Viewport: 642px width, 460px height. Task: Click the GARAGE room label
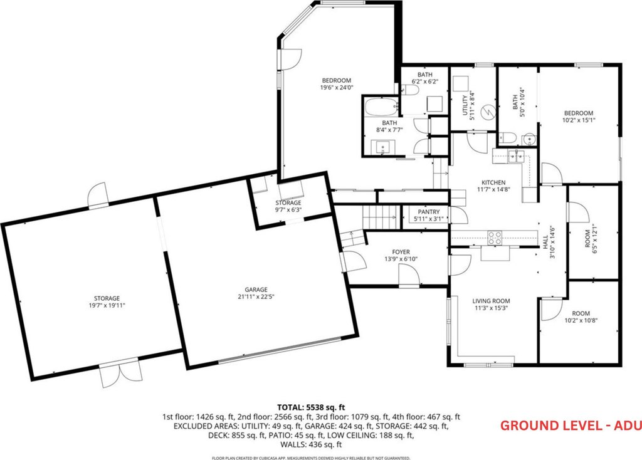[x=256, y=290]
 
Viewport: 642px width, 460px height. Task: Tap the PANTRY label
[x=429, y=212]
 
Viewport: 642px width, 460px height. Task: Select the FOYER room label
[x=401, y=252]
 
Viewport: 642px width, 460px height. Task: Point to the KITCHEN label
[x=493, y=182]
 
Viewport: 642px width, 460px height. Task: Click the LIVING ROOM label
[x=491, y=301]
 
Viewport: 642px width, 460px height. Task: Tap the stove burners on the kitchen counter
[x=495, y=238]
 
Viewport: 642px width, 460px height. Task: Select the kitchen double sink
[x=517, y=156]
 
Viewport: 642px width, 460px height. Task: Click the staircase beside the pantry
[x=381, y=217]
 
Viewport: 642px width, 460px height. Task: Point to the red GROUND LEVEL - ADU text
[x=571, y=426]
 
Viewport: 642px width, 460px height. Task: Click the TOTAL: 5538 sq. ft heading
[x=311, y=407]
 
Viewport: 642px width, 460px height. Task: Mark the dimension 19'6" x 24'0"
[x=337, y=87]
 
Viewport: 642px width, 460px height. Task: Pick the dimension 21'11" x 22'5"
[x=256, y=296]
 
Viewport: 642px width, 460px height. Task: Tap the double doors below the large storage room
[x=121, y=372]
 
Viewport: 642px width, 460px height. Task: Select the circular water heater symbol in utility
[x=488, y=112]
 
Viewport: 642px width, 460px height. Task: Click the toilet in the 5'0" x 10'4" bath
[x=508, y=138]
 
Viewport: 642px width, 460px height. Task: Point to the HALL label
[x=546, y=241]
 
